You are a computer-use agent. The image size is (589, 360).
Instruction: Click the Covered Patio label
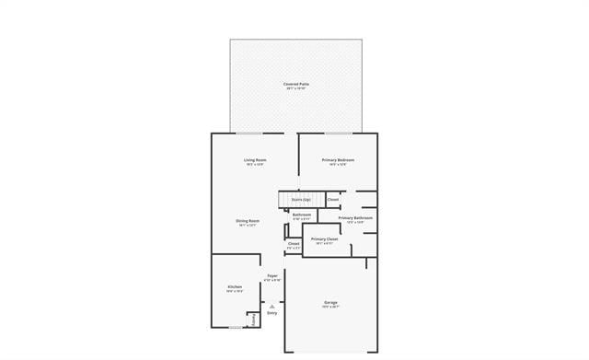[295, 84]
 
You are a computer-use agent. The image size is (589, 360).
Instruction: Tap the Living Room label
[255, 160]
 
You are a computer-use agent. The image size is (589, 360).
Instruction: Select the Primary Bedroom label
[338, 160]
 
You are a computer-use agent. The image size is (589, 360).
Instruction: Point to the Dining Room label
[248, 220]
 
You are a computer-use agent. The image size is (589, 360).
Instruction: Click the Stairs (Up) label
[301, 199]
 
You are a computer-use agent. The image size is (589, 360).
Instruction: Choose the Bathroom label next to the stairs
[302, 215]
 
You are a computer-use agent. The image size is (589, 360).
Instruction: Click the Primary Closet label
[324, 238]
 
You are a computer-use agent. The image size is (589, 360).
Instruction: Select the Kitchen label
[235, 286]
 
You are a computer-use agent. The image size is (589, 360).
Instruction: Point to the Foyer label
[272, 275]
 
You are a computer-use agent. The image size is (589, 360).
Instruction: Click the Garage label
[330, 302]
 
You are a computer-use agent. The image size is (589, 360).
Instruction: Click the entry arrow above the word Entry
[271, 307]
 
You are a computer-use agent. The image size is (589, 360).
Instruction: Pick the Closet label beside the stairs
[333, 199]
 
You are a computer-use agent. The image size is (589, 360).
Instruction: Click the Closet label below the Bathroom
[294, 244]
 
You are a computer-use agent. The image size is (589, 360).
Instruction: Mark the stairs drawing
[284, 199]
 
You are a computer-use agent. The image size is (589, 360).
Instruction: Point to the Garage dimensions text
[330, 308]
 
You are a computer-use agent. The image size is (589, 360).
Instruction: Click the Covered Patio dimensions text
[295, 88]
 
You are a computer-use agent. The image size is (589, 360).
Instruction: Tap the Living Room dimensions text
[255, 165]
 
